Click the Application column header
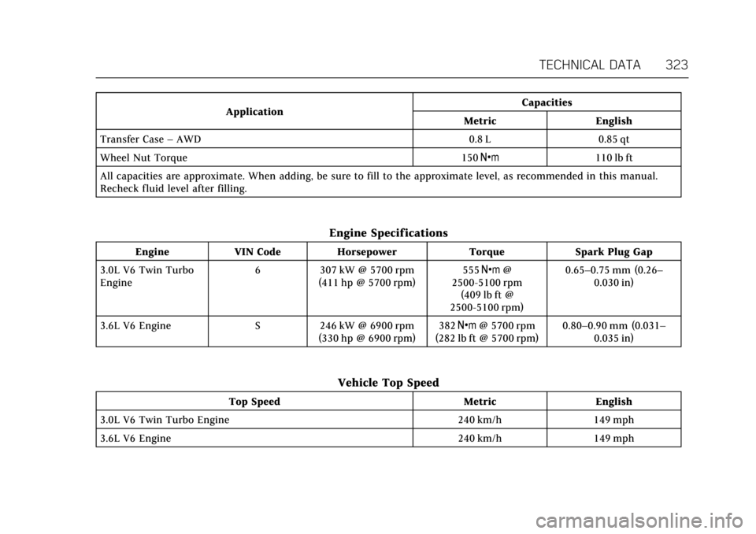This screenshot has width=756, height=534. point(254,112)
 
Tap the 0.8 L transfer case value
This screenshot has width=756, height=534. point(479,139)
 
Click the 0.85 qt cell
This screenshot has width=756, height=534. point(613,139)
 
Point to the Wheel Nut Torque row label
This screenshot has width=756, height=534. point(144,158)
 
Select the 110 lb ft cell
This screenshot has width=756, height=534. point(613,158)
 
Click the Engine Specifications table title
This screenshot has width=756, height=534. point(388,233)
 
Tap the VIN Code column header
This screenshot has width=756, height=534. point(258,252)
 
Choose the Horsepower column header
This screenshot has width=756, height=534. point(366,252)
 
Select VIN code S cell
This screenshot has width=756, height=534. point(258,325)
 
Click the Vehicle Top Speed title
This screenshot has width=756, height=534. point(388,383)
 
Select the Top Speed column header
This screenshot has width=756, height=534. point(254,402)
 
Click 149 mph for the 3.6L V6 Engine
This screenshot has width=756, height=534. point(613,438)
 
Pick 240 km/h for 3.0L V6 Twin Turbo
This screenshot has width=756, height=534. point(479,420)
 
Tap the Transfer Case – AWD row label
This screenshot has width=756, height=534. point(150,139)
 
